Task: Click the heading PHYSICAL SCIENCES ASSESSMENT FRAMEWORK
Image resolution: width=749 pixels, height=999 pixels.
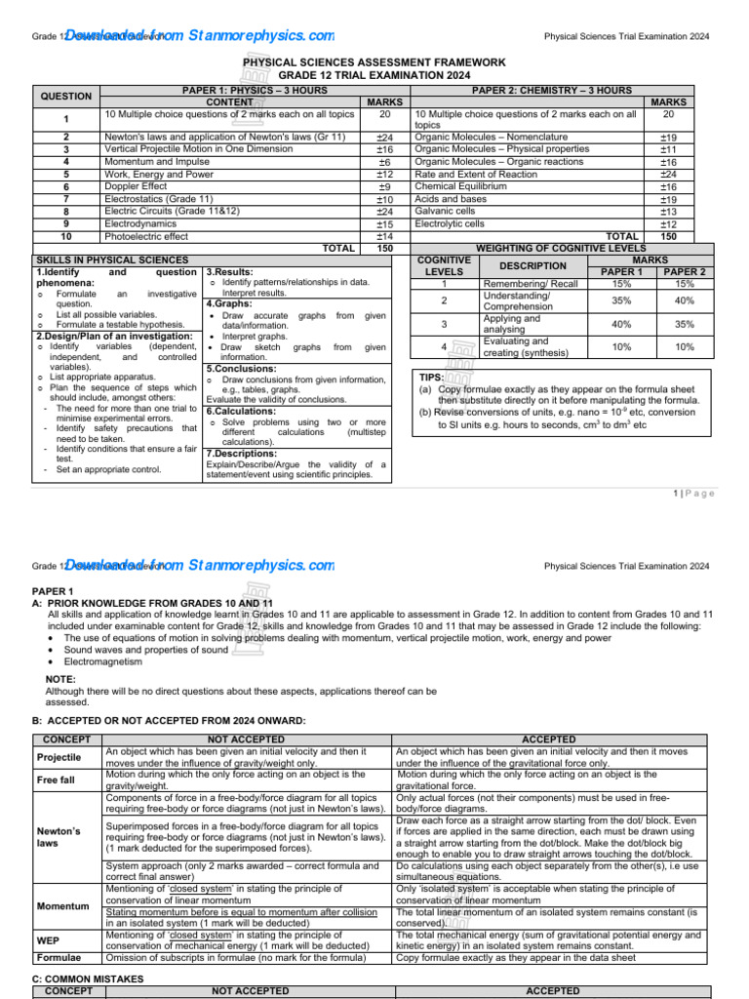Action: pos(374,62)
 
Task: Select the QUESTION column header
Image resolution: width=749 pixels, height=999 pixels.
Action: pos(65,97)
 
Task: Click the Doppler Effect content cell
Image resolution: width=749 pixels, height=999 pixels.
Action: pos(136,186)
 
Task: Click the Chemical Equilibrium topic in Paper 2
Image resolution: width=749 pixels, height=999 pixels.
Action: pos(460,186)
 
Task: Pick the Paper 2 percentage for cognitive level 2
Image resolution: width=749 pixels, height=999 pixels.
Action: pos(684,300)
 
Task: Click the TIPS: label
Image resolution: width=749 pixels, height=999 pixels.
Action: pos(431,376)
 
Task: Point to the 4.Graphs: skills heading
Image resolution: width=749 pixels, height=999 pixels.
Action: pos(232,303)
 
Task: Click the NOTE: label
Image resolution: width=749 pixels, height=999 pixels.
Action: pos(60,679)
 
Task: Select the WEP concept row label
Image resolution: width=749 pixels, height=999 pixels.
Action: pos(49,940)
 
